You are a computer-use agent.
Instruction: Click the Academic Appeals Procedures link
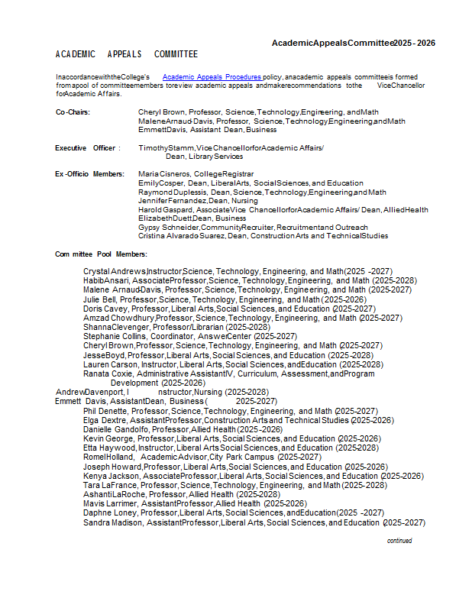[212, 77]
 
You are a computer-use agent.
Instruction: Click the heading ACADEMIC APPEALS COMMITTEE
[127, 54]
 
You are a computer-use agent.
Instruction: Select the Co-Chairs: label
[73, 112]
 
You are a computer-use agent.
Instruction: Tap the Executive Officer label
[87, 147]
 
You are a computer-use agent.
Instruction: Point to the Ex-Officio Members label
[89, 174]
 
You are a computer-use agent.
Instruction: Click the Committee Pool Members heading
[101, 254]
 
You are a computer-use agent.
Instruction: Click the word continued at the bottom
[399, 541]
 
